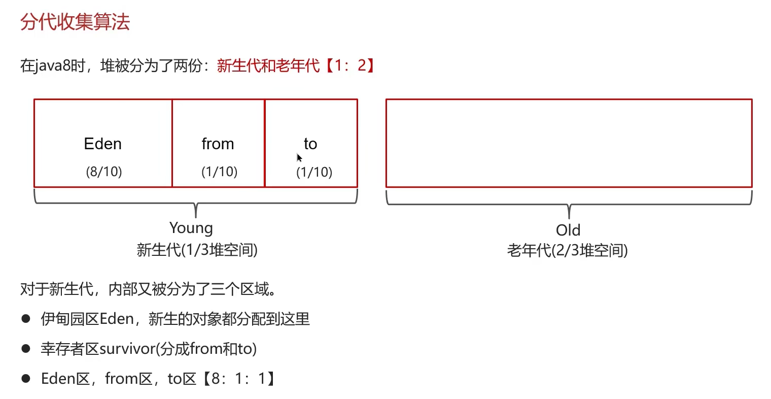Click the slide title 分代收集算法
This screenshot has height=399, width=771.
point(75,22)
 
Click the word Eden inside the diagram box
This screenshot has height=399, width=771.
point(102,144)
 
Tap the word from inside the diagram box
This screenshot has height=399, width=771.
point(218,144)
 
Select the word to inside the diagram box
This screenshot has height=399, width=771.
point(310,144)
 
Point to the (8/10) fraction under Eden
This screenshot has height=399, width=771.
point(104,172)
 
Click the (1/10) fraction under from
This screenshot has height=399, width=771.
point(219,172)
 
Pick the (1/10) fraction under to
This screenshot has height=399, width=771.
point(314,172)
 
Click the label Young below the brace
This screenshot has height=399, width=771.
point(191,228)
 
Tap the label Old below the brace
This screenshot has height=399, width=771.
point(568,230)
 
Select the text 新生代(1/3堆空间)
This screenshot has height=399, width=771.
point(197,250)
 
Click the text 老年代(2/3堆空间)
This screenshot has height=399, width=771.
point(568,250)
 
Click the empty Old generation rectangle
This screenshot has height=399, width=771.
point(569,143)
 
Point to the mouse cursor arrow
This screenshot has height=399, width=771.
point(299,157)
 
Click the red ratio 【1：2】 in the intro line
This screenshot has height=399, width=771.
point(350,65)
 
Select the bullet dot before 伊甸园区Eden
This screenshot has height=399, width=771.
point(26,319)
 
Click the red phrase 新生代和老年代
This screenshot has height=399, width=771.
point(268,65)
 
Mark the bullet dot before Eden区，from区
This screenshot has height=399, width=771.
point(26,379)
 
